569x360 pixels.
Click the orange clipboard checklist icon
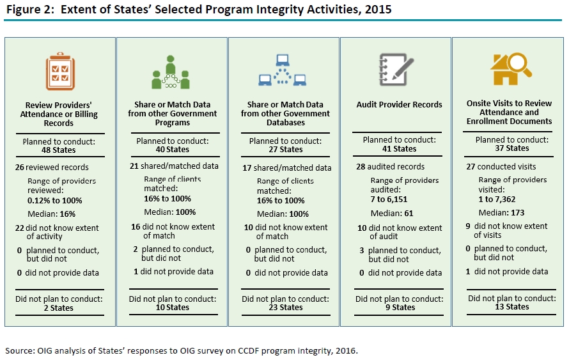tap(60, 72)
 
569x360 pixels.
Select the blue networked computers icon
tap(282, 71)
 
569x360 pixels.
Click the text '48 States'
tap(59, 150)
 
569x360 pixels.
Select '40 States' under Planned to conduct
tap(172, 150)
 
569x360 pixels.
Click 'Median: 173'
tap(503, 212)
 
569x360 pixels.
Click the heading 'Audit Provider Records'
tap(399, 105)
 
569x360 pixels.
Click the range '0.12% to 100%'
tap(55, 200)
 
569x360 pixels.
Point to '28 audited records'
tap(390, 167)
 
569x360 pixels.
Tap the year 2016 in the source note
tap(347, 350)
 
